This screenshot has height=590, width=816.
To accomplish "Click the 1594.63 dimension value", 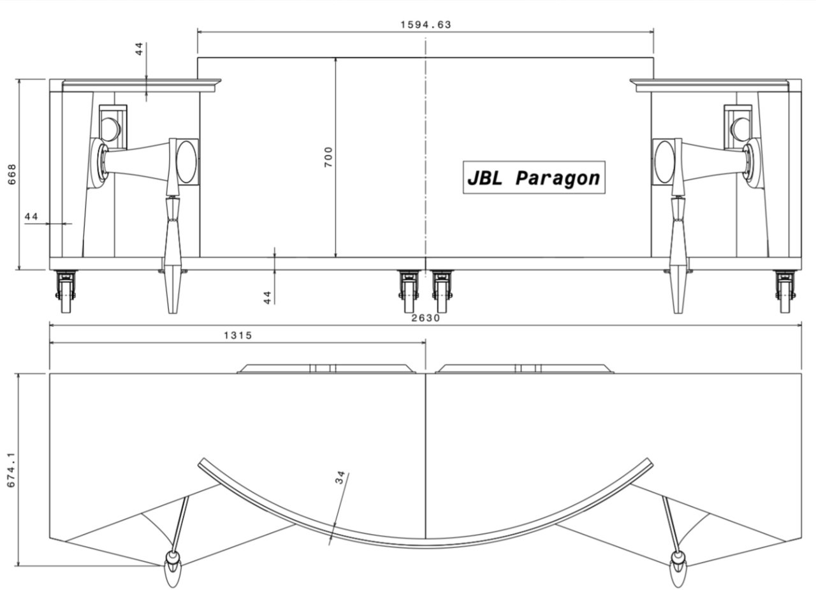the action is [x=425, y=25].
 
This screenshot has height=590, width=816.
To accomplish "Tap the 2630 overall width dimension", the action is [x=425, y=318].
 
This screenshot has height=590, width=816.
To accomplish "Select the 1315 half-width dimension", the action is [x=238, y=335].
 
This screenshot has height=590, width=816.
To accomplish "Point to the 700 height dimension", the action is [x=328, y=157].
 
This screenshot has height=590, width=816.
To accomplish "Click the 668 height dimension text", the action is [x=11, y=174].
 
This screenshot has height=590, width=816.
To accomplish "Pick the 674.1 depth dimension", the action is [x=11, y=470].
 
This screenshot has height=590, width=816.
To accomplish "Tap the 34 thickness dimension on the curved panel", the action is [x=340, y=477].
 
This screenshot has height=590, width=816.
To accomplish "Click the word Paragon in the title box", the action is [x=558, y=178].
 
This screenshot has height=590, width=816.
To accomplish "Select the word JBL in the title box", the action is [x=485, y=178].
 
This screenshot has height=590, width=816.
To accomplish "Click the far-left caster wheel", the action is [x=66, y=292].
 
